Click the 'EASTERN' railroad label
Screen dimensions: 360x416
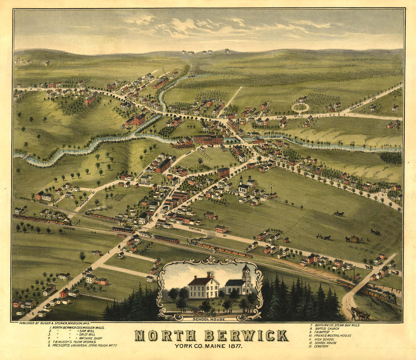coord(70,229)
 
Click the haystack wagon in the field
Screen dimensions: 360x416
coord(353,239)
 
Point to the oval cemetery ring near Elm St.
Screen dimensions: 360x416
coord(300,107)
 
